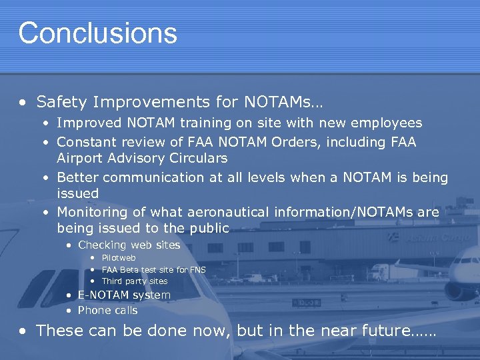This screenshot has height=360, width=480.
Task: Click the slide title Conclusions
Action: click(x=97, y=33)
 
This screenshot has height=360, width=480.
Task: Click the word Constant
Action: click(x=83, y=142)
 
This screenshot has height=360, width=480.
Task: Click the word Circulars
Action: click(x=197, y=159)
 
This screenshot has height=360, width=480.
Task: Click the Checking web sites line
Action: click(x=129, y=245)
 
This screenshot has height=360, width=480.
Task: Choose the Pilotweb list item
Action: click(x=118, y=258)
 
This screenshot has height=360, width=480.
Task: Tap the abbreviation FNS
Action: click(x=197, y=270)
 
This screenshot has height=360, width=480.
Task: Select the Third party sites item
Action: click(x=134, y=281)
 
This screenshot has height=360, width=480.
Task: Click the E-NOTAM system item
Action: click(x=124, y=295)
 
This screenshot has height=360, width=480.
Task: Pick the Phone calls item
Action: click(x=107, y=310)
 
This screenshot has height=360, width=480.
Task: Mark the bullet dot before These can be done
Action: click(x=23, y=331)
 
